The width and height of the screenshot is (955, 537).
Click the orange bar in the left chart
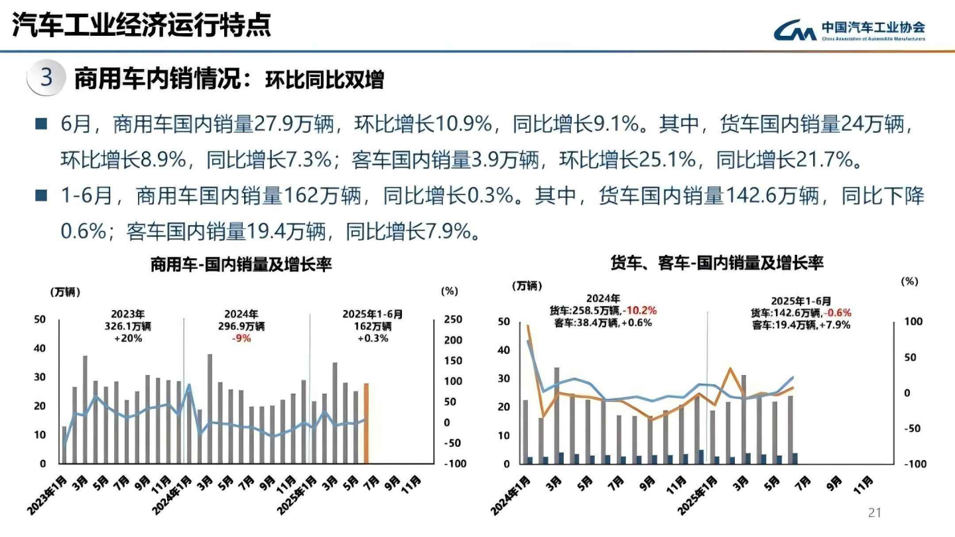tap(365, 423)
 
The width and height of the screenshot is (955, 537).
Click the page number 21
tap(875, 512)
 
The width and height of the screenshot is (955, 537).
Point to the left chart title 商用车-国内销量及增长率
tap(241, 265)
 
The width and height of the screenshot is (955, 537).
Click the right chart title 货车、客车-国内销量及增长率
tap(716, 263)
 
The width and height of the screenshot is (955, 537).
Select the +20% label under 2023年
tap(129, 338)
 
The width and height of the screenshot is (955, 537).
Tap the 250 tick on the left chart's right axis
tap(453, 320)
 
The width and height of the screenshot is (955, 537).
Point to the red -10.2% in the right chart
tap(641, 311)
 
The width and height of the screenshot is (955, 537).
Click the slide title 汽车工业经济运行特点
tap(142, 27)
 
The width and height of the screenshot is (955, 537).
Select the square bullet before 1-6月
tap(41, 195)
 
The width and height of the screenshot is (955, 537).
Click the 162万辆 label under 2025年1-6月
tap(373, 327)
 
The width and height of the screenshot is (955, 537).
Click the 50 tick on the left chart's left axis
tap(40, 320)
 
